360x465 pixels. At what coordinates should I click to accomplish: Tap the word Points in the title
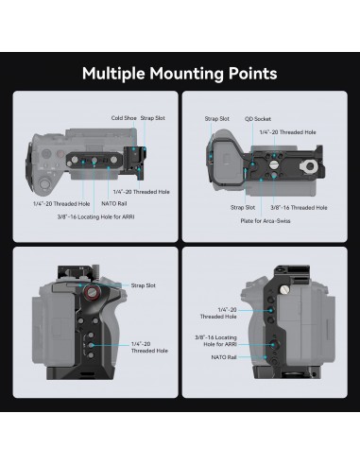click(x=251, y=73)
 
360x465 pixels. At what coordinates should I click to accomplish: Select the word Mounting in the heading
click(x=185, y=73)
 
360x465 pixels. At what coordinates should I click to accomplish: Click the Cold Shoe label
click(x=124, y=118)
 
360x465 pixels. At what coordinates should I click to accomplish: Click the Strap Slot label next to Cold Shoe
click(x=152, y=118)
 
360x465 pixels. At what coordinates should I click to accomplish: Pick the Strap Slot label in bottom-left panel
click(x=145, y=284)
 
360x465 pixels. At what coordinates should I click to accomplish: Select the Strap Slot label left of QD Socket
click(x=217, y=119)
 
